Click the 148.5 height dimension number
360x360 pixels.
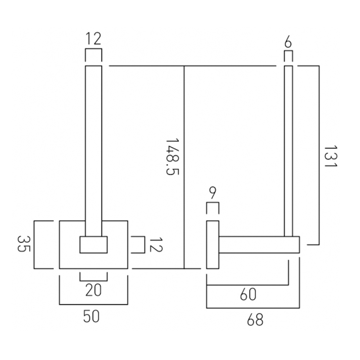(172, 157)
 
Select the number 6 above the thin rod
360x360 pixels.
(288, 42)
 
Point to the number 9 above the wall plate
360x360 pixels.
(212, 193)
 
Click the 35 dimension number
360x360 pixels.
(24, 244)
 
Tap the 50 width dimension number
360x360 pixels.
(91, 316)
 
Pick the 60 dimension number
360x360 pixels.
(248, 294)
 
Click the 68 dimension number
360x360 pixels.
(255, 319)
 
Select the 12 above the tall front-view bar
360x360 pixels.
(94, 39)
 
